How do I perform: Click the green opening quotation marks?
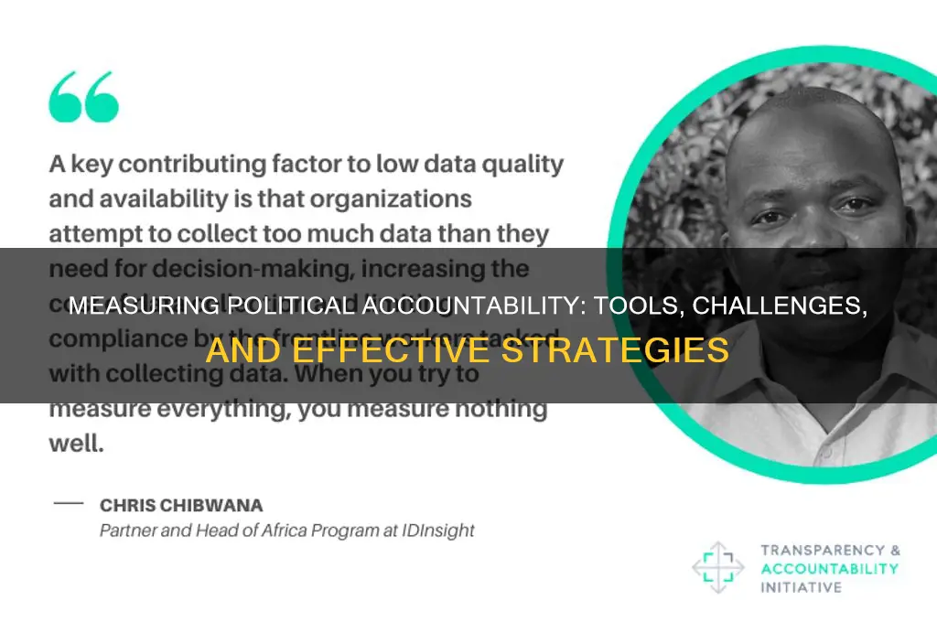[x=84, y=96]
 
